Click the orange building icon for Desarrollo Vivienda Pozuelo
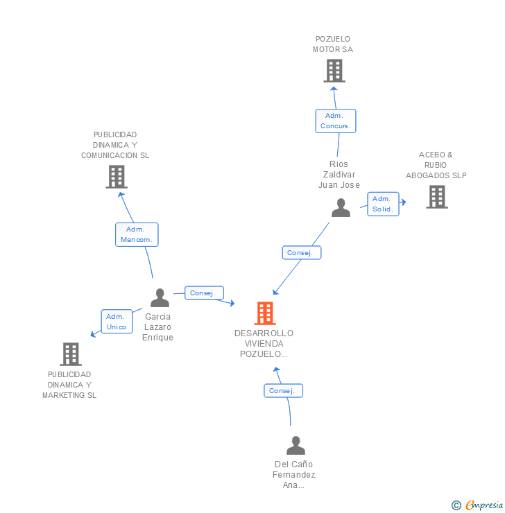click(265, 313)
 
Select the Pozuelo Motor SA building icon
click(334, 71)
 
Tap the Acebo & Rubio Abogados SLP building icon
click(436, 197)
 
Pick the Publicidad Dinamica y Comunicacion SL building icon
click(116, 177)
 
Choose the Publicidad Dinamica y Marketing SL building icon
click(70, 354)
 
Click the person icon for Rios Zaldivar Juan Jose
click(341, 207)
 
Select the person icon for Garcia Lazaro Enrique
click(160, 298)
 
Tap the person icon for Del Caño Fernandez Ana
click(296, 445)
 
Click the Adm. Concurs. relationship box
click(336, 121)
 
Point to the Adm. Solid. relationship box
click(383, 204)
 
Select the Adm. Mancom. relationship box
click(137, 234)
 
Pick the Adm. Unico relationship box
click(117, 321)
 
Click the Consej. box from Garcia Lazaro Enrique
click(203, 293)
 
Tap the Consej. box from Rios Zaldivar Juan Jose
click(300, 253)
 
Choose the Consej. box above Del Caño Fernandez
click(282, 391)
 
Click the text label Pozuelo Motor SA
click(333, 44)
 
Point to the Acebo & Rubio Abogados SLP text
click(436, 165)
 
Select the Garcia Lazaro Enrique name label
click(157, 327)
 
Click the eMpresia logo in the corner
click(483, 505)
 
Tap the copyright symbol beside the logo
click(456, 506)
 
